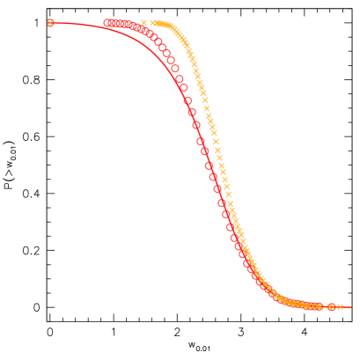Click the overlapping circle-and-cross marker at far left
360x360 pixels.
pos(50,23)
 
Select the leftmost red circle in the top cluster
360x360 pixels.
pos(107,23)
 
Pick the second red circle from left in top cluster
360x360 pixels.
pos(113,23)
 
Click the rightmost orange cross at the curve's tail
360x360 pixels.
pos(340,307)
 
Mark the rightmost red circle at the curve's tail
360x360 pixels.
pos(331,307)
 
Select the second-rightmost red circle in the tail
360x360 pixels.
pos(319,306)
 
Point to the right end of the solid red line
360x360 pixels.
pos(351,307)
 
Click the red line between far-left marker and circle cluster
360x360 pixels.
pos(79,25)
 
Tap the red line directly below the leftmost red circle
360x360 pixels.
pos(107,29)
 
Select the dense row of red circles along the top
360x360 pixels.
pos(123,25)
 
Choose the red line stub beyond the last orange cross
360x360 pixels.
pos(347,307)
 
